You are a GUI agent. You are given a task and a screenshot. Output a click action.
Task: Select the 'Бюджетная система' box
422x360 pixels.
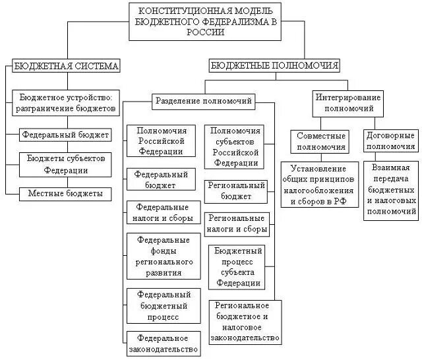(x=65, y=66)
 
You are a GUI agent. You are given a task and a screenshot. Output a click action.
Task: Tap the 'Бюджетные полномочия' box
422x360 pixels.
(x=275, y=65)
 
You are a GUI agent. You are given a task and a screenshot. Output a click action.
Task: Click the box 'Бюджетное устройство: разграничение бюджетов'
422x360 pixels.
(x=67, y=102)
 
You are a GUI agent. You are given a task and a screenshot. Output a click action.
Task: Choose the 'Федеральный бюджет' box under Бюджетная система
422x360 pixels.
(x=65, y=135)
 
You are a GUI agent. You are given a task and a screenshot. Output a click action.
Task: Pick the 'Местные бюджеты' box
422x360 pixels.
(x=65, y=193)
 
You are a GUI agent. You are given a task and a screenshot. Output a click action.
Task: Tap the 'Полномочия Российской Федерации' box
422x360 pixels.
(x=161, y=140)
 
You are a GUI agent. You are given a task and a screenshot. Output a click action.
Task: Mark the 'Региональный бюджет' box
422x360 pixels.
(x=235, y=191)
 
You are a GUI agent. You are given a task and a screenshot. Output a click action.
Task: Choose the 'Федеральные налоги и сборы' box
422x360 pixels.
(x=162, y=212)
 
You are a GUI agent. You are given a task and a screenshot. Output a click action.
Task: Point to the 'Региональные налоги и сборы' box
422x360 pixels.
(x=236, y=224)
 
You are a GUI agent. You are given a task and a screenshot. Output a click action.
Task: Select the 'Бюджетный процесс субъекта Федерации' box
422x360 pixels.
(x=237, y=266)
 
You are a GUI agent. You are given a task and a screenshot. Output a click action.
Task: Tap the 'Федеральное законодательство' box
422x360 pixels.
(x=164, y=343)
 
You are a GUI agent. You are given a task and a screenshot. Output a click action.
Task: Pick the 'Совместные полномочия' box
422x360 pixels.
(x=318, y=140)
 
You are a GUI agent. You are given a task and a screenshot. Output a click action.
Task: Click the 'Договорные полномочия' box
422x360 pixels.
(x=390, y=140)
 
